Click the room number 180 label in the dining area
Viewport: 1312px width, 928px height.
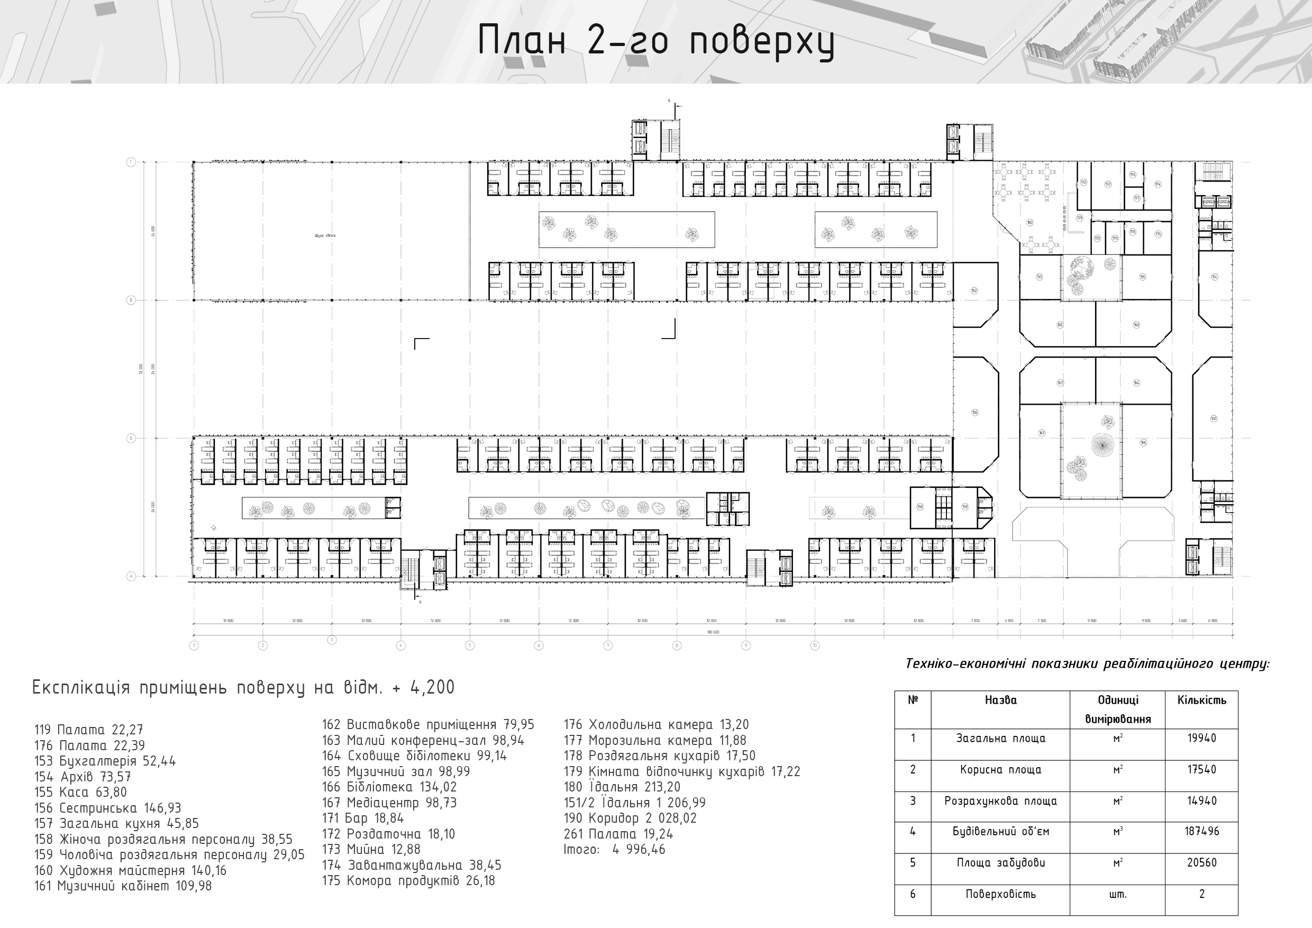[x=1029, y=222]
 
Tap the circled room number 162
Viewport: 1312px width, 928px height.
[x=974, y=291]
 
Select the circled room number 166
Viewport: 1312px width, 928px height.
[x=1143, y=442]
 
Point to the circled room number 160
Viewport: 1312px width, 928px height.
[x=1214, y=419]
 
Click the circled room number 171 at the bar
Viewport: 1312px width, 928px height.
[x=1079, y=219]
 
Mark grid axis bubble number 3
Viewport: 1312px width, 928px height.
[x=331, y=640]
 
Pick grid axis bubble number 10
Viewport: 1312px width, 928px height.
[x=815, y=645]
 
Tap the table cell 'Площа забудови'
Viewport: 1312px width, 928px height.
[x=1000, y=863]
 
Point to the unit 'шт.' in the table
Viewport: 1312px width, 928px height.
[x=1117, y=894]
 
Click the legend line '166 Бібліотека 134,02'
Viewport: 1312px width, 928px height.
[x=389, y=787]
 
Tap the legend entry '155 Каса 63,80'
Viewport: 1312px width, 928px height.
[x=80, y=793]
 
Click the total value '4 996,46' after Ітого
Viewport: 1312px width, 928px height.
[x=639, y=850]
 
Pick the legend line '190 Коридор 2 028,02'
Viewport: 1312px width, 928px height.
[x=630, y=818]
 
